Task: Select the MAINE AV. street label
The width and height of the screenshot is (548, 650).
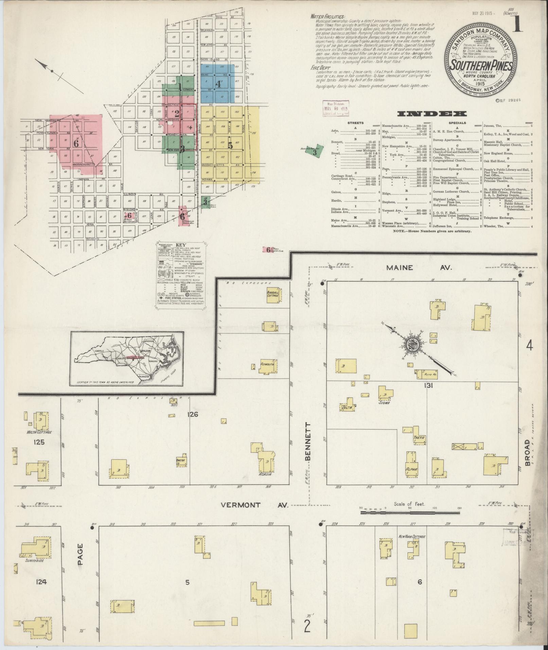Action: coord(419,268)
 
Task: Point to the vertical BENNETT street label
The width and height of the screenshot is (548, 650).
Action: coord(308,441)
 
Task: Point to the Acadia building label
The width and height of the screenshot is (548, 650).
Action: coord(265,474)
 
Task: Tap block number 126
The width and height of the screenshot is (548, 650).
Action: coord(192,414)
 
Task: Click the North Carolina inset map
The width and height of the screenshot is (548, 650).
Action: coord(127,358)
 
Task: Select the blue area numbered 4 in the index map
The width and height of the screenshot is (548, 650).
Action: coord(218,84)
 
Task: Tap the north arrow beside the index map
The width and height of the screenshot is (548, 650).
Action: coord(52,71)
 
